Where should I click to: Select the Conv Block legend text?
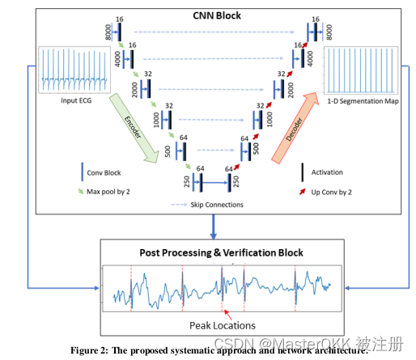tap(108, 172)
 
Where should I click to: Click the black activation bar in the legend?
tap(302, 172)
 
